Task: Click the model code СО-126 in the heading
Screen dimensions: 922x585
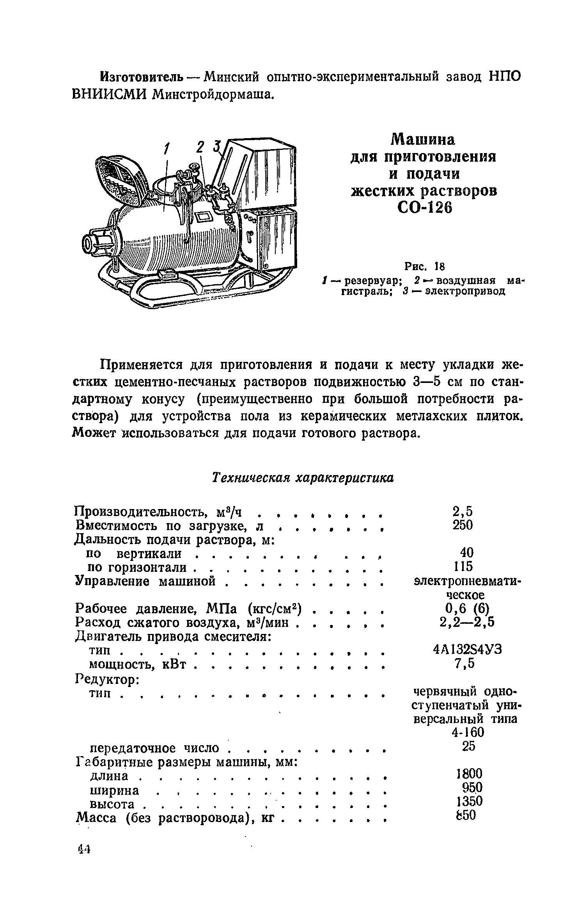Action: [x=424, y=208]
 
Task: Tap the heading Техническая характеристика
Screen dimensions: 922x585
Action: [x=303, y=478]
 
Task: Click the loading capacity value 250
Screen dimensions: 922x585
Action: [x=463, y=525]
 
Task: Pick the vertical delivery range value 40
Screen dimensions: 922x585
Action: [x=466, y=552]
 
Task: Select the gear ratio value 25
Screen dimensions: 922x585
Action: [x=468, y=746]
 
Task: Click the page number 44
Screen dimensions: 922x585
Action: [x=84, y=849]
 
